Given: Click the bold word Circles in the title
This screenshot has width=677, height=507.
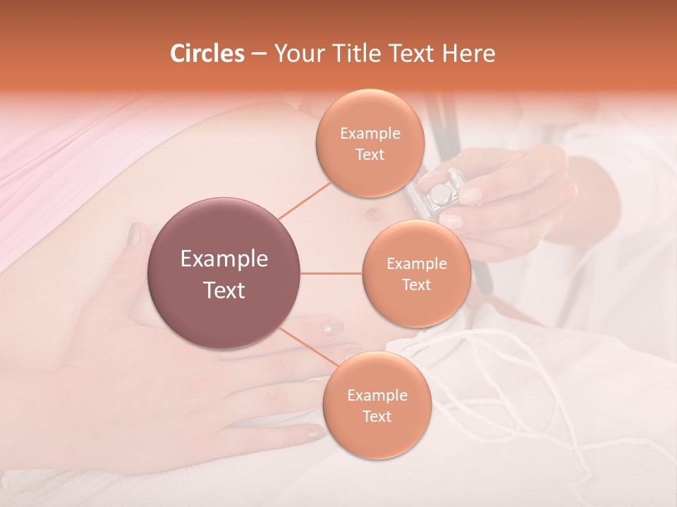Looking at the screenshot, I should click(207, 54).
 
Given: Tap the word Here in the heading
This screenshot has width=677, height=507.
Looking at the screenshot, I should click(469, 54).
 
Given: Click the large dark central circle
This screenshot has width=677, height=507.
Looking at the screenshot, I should click(224, 273).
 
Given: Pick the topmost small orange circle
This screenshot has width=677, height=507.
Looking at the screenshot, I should click(370, 143).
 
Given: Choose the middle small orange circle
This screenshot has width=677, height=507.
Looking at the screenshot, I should click(416, 273).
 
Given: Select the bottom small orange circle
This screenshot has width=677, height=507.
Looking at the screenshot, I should click(377, 405).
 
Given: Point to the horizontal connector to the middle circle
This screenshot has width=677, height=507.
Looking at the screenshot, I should click(331, 273).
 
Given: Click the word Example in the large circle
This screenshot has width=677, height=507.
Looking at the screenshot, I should click(224, 259).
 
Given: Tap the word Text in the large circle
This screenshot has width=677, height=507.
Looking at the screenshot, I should click(224, 290).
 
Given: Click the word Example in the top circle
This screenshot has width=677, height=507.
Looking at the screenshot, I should click(370, 133).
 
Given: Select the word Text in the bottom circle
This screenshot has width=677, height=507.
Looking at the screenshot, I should click(377, 416).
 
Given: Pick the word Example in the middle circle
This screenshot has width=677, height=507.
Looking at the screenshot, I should click(416, 263).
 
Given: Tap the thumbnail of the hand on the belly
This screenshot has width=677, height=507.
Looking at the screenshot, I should click(133, 234).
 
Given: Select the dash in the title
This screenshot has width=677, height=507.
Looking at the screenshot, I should click(259, 54).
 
